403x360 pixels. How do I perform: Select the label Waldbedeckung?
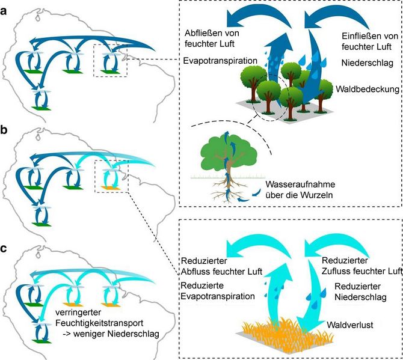point(366,88)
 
